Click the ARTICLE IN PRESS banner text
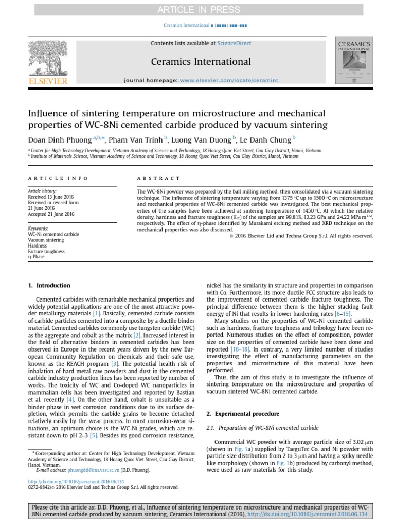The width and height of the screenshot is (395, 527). coord(197,10)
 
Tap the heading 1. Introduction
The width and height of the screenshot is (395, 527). coord(49,285)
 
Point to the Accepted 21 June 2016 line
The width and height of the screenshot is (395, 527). coord(51,214)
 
